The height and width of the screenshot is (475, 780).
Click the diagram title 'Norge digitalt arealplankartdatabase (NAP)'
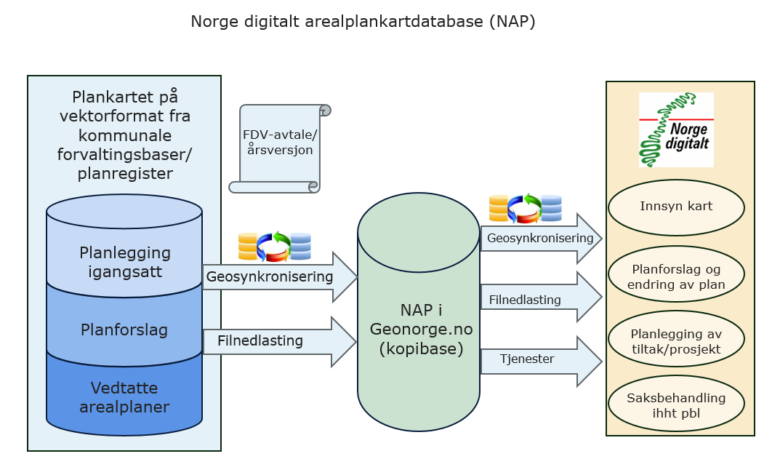pos(363,22)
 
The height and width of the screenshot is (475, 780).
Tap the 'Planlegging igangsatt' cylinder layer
pos(124,262)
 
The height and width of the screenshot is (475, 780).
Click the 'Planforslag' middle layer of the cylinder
pos(124,330)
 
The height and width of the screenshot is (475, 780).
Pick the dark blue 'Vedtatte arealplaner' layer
pos(124,396)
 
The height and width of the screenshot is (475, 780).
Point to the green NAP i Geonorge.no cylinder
pos(419,327)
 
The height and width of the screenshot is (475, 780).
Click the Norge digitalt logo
pos(676,129)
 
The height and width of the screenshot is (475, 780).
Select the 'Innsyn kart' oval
pos(676,207)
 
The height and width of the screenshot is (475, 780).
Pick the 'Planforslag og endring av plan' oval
pos(676,276)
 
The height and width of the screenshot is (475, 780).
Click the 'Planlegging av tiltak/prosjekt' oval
pos(676,341)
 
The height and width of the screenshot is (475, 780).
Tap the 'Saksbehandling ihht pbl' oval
pos(676,404)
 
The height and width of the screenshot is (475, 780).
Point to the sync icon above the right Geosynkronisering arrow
pos(525,208)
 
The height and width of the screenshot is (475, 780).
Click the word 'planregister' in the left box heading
pos(125,173)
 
